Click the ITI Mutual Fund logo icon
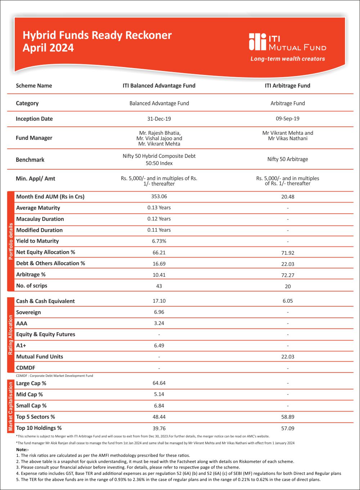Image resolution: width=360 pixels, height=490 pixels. click(x=257, y=42)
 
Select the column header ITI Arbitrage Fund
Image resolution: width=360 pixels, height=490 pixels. click(x=287, y=86)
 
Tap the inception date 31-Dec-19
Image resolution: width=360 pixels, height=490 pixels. click(x=159, y=119)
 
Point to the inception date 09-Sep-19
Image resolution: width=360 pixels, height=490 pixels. click(x=287, y=119)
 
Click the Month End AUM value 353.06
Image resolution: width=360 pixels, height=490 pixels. click(x=159, y=196)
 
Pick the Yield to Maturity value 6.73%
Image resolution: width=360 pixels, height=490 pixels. click(x=159, y=241)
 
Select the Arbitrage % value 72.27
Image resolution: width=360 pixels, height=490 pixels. click(x=288, y=275)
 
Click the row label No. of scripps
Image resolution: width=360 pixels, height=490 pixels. click(x=32, y=286)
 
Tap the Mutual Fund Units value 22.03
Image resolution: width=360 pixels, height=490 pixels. click(x=288, y=357)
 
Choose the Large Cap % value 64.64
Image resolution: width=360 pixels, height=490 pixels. click(x=159, y=383)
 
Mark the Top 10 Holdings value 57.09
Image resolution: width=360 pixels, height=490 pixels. click(x=288, y=428)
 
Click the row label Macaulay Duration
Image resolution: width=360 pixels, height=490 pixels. click(x=40, y=219)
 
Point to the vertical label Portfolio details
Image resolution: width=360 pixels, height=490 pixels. click(x=11, y=241)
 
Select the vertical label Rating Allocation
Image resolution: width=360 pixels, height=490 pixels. click(x=11, y=335)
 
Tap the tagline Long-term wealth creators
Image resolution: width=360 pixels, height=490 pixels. click(x=288, y=59)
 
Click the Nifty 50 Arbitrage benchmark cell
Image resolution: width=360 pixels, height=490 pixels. click(x=288, y=159)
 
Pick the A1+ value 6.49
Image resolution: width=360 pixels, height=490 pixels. click(x=159, y=346)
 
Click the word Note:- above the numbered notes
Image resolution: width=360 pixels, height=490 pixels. click(x=22, y=450)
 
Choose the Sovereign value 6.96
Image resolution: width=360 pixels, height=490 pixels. click(x=159, y=312)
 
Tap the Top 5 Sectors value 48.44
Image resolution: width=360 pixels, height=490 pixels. click(x=159, y=417)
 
